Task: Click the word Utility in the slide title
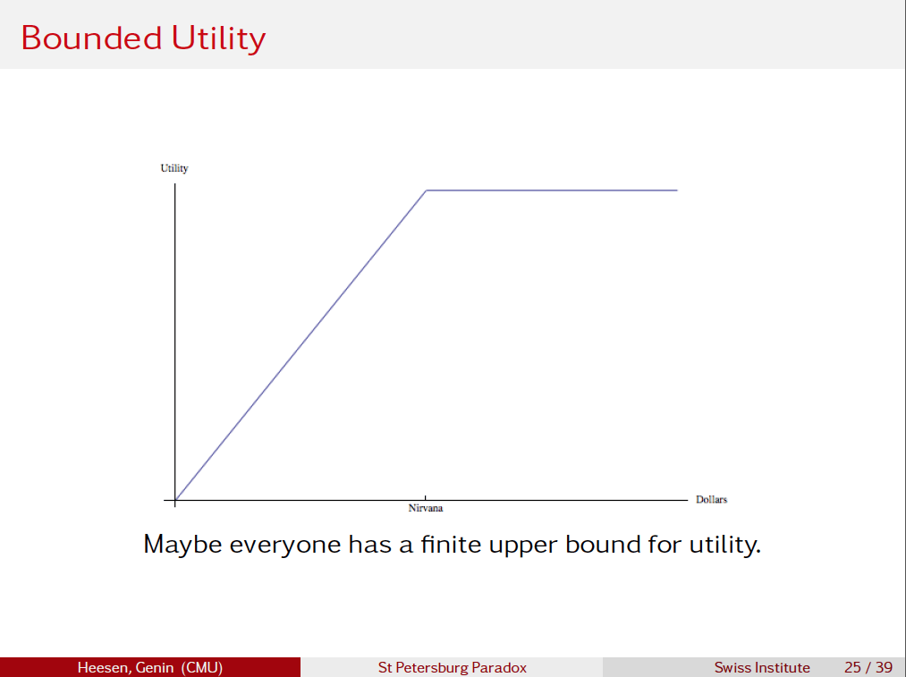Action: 218,38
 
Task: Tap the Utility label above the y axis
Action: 174,168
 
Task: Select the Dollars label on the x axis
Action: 711,499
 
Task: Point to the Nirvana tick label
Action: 426,509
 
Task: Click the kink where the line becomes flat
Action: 426,190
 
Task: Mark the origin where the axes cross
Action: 175,499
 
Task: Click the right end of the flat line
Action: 676,190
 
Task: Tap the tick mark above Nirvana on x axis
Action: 426,497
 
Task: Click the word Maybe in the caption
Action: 182,544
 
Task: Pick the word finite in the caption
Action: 450,544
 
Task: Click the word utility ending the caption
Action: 723,544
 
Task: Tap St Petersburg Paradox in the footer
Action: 452,667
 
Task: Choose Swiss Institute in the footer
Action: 762,667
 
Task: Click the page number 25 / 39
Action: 868,667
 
